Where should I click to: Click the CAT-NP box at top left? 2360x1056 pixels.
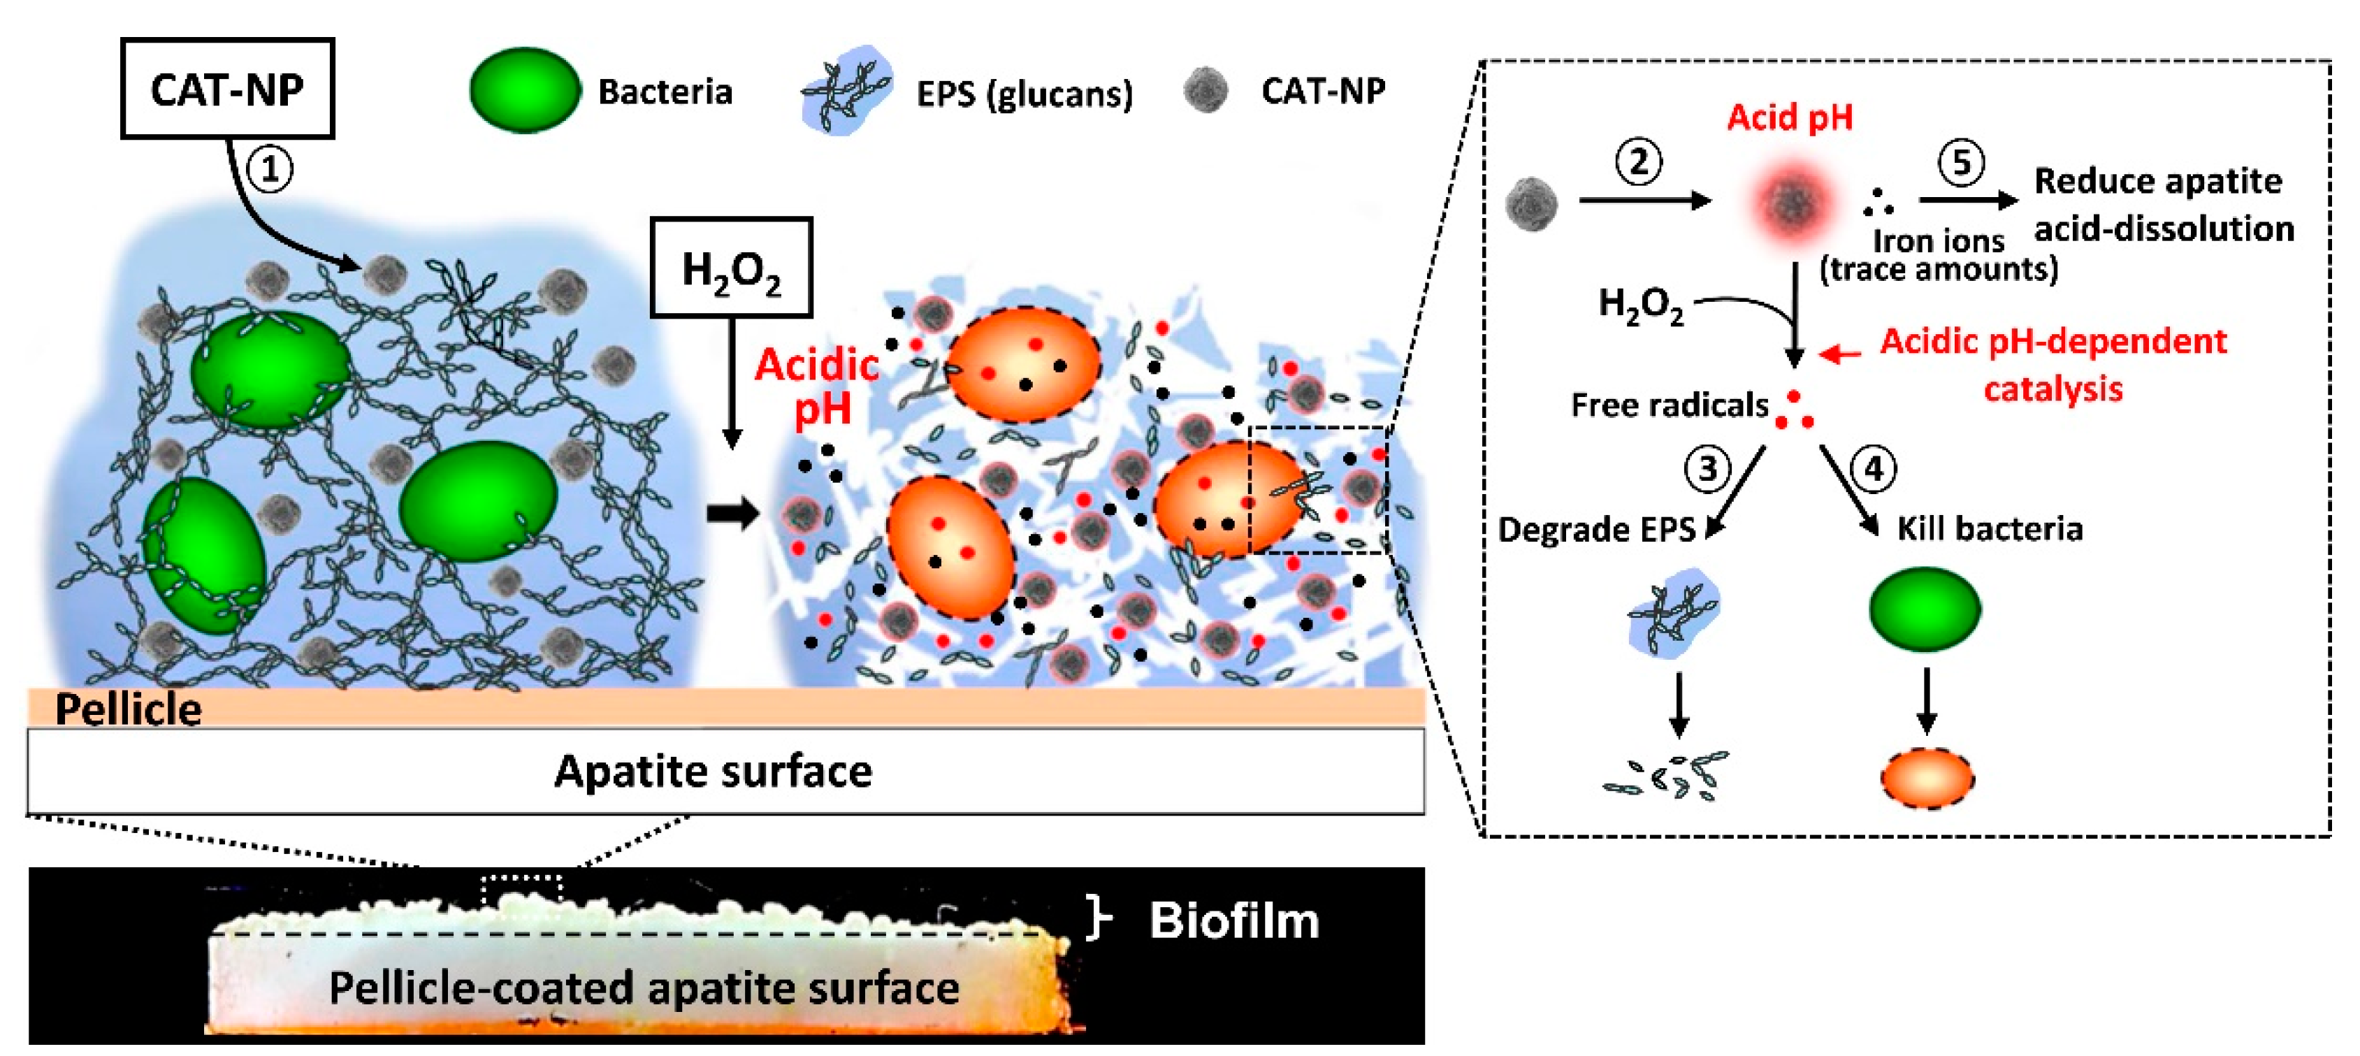click(227, 89)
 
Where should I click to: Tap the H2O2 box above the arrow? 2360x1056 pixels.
click(731, 268)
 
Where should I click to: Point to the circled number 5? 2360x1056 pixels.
click(1962, 163)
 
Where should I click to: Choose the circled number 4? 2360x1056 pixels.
click(1874, 468)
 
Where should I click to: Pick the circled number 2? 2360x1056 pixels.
click(1639, 161)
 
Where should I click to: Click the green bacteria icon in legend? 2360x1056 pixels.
click(525, 91)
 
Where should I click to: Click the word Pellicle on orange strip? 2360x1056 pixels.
click(129, 709)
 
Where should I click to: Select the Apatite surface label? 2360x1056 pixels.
click(713, 771)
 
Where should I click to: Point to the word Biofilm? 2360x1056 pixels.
click(1234, 920)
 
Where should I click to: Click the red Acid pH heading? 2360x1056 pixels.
click(1789, 117)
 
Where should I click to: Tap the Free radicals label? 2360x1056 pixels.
click(1670, 405)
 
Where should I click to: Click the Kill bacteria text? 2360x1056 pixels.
click(1990, 528)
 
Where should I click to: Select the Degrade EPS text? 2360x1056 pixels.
click(1596, 529)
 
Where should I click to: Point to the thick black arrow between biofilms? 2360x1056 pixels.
click(733, 513)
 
